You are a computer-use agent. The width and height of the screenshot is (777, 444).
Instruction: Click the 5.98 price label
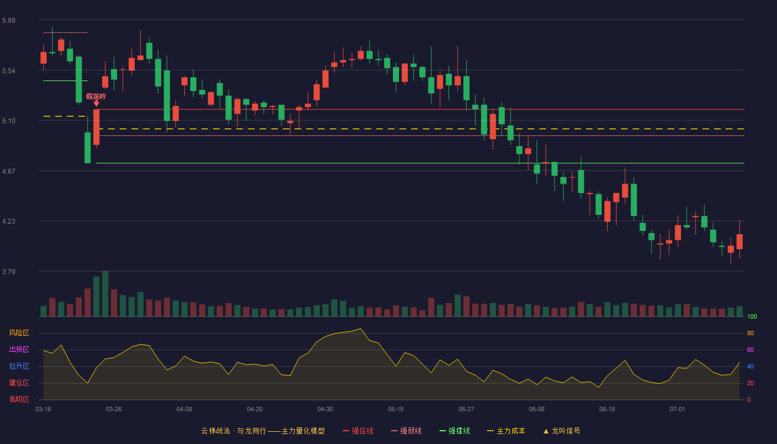point(9,21)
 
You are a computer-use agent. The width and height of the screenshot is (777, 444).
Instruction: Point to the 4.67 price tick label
point(9,171)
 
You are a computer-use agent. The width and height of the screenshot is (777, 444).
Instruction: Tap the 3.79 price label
point(9,271)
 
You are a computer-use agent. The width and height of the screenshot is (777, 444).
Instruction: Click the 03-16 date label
point(43,410)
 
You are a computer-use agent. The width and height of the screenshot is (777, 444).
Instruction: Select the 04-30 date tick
point(325,410)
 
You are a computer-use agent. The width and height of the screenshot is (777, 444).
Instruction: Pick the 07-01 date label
point(678,410)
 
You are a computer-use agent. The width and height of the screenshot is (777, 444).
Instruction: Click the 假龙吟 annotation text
point(96,96)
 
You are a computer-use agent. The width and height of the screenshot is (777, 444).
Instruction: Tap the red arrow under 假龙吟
point(97,103)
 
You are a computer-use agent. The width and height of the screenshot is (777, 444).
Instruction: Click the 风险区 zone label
point(19,333)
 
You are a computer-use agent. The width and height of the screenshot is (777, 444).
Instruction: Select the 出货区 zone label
point(19,349)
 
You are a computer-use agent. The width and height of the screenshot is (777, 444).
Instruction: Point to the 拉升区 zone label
point(19,366)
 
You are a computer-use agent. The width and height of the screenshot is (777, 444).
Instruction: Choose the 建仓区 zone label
point(19,382)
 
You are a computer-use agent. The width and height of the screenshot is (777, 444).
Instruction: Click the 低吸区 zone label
point(19,399)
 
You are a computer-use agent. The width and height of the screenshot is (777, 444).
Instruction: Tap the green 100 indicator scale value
point(752,316)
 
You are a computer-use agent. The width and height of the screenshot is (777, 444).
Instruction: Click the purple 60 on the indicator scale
point(750,350)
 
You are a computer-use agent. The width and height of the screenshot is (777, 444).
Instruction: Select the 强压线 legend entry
point(358,431)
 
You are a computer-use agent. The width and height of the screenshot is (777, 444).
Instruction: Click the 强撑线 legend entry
point(455,431)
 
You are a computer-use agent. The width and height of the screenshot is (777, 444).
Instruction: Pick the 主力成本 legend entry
point(506,431)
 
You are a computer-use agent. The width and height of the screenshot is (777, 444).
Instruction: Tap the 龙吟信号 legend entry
point(562,431)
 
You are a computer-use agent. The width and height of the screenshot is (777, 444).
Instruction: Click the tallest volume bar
point(105,294)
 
